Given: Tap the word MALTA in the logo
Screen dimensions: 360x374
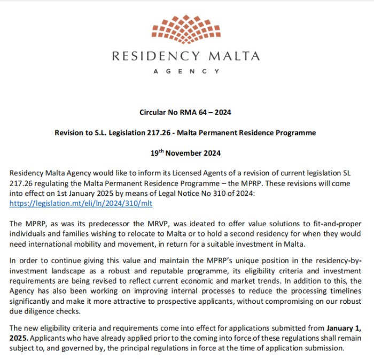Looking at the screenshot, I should coord(232,56).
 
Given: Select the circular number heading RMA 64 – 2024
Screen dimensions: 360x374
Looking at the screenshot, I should coord(185,113).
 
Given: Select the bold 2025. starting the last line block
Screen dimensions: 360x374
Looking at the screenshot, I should coord(19,338).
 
